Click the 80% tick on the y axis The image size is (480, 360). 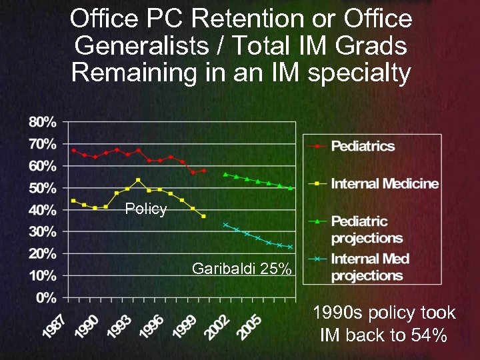41,122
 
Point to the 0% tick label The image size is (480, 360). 45,297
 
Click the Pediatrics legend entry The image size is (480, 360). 363,146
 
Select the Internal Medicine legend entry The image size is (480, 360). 385,183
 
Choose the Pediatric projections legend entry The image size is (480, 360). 367,229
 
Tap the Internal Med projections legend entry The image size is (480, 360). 370,267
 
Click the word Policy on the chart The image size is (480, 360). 146,209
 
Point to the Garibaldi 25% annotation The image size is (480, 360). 241,269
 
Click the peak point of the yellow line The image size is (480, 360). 138,180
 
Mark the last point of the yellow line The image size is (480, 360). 203,216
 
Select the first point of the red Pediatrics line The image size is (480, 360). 73,150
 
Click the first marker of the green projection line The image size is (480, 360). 225,174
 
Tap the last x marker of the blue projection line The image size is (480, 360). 290,247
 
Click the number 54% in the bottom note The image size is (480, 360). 428,335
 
